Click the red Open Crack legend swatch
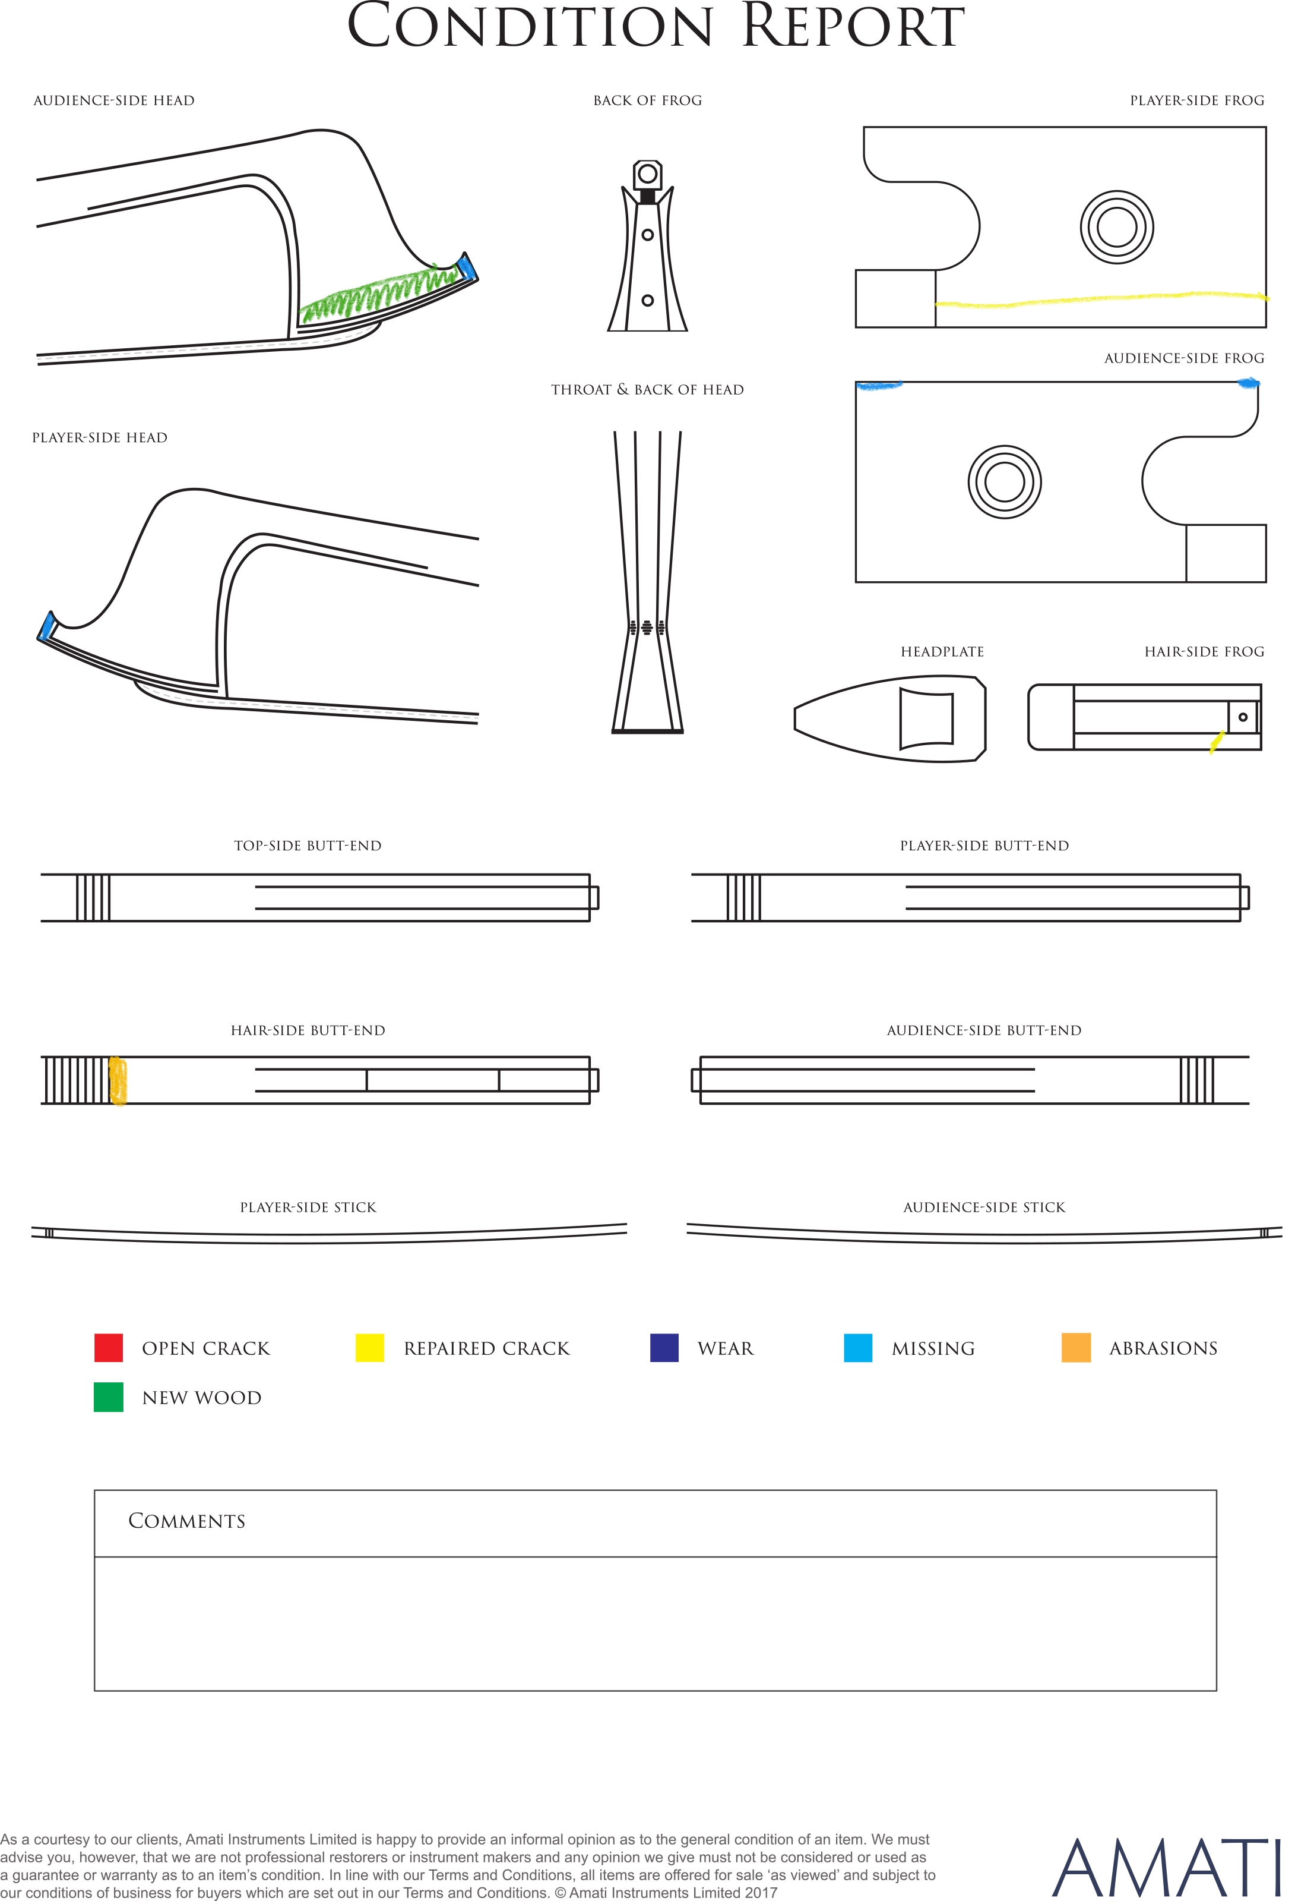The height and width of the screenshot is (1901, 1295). point(109,1347)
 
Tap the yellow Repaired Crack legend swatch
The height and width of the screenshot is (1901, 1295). point(369,1347)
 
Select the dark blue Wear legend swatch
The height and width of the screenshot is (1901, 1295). point(664,1347)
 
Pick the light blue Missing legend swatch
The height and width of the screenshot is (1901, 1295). point(857,1347)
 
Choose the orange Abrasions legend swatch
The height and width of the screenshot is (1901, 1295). point(1076,1347)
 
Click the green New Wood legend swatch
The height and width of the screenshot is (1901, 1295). point(109,1397)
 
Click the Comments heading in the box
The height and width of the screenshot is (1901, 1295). point(186,1521)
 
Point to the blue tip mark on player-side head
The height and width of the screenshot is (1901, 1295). point(46,626)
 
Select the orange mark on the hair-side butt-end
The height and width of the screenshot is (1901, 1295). point(118,1080)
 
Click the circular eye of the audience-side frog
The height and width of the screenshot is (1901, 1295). point(1005,482)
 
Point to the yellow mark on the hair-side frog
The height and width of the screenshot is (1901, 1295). point(1217,741)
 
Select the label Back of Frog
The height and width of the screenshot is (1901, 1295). point(647,100)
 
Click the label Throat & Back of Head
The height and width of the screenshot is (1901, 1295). point(647,389)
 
